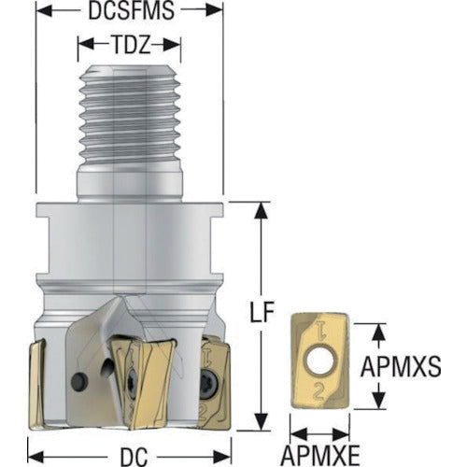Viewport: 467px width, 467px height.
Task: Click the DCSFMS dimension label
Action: [131, 10]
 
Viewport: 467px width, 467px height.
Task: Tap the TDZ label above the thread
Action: [130, 45]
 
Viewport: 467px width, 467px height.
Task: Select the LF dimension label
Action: [262, 312]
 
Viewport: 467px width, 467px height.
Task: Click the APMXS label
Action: [401, 366]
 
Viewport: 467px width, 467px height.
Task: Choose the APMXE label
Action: [320, 456]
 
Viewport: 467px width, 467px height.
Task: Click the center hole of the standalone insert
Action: [321, 361]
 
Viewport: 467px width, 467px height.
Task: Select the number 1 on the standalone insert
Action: [319, 330]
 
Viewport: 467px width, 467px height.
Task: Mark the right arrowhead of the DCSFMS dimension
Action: [215, 10]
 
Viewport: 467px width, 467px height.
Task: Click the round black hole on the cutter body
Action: [78, 380]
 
